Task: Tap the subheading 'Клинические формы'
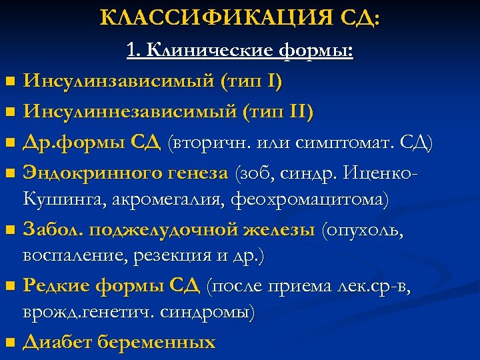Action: (x=250, y=51)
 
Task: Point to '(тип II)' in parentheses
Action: (x=279, y=111)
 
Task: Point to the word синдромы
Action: (x=213, y=311)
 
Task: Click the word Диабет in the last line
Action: (x=57, y=342)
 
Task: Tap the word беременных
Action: (x=157, y=342)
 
